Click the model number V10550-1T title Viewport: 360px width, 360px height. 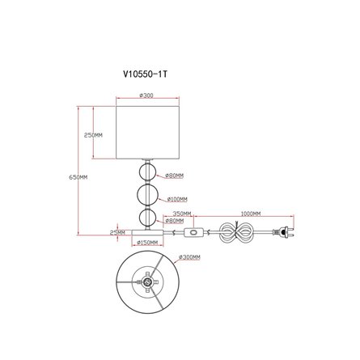(145, 74)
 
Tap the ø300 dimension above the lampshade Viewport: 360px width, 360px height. (146, 95)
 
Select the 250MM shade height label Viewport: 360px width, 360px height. (93, 135)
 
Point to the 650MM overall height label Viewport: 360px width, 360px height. (78, 177)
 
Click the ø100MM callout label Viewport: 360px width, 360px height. (177, 199)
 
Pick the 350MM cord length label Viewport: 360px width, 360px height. (182, 214)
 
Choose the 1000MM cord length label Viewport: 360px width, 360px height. (251, 214)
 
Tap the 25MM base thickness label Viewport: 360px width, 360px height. (117, 232)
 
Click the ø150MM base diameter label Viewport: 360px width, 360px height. (147, 243)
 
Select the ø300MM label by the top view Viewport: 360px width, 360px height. (189, 257)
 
